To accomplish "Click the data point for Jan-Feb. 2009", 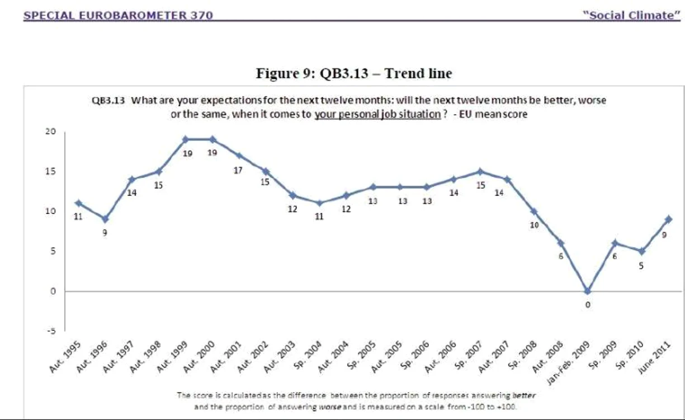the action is click(x=588, y=291).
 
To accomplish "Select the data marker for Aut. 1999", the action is click(x=185, y=139).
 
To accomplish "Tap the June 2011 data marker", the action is click(x=668, y=219).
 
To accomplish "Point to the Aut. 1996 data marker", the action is click(x=105, y=219).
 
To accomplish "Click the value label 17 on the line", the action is click(x=238, y=170).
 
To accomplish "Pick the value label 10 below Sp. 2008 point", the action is click(x=534, y=225).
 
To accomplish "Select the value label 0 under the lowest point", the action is click(x=588, y=305).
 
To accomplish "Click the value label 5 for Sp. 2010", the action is click(x=641, y=266).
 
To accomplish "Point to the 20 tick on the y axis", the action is click(x=50, y=132).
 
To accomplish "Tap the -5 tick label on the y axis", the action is click(x=51, y=331).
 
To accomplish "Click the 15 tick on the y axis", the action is click(x=50, y=171).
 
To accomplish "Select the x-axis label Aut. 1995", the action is click(x=65, y=357).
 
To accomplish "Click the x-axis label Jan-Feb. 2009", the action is click(x=568, y=363).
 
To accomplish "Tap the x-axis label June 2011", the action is click(x=654, y=357).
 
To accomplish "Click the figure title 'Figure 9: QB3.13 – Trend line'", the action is click(x=354, y=73).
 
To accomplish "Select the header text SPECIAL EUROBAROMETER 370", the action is click(x=118, y=15).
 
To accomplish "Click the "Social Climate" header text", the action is click(x=632, y=15).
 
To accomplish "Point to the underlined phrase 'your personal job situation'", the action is click(x=377, y=114).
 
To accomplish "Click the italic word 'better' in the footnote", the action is click(x=523, y=395).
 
